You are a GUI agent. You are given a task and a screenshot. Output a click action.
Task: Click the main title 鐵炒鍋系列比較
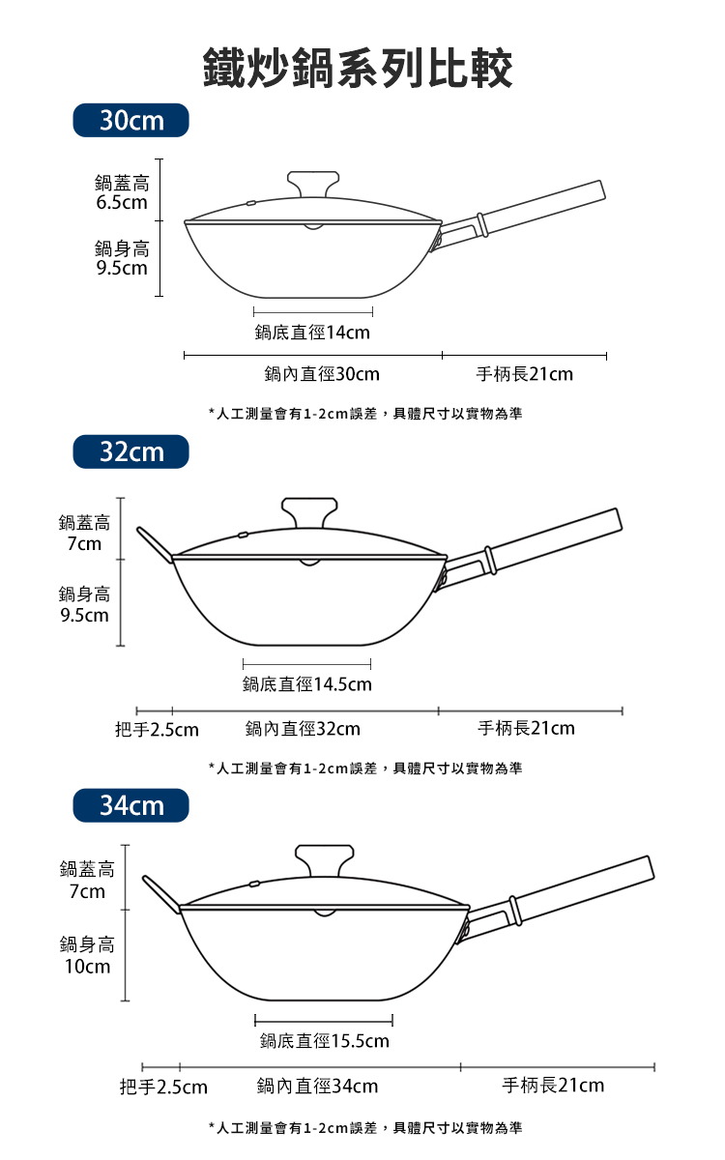[358, 68]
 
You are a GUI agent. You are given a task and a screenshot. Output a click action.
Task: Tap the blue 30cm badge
[131, 120]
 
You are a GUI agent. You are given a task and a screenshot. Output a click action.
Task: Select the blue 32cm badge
[131, 451]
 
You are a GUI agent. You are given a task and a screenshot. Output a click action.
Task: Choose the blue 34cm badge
[131, 805]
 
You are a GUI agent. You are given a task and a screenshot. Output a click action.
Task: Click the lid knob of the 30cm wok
[313, 184]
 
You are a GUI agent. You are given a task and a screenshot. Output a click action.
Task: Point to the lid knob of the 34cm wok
[325, 860]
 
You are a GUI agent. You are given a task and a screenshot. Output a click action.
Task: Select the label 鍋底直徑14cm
[312, 333]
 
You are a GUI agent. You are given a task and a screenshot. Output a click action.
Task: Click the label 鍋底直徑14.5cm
[307, 684]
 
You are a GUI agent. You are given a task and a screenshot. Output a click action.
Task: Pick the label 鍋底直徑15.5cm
[325, 1040]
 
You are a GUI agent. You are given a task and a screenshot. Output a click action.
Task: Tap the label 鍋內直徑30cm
[322, 374]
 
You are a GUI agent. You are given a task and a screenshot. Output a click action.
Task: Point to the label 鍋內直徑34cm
[317, 1086]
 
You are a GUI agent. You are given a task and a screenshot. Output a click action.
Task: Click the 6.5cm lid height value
[122, 202]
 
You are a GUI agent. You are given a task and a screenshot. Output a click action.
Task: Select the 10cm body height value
[88, 967]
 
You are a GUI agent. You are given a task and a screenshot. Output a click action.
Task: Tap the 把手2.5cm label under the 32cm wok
[157, 730]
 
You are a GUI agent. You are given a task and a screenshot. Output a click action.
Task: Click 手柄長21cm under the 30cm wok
[525, 374]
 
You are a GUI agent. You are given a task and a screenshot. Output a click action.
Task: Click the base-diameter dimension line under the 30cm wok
[313, 311]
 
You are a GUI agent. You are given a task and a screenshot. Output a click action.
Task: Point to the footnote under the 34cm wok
[365, 1127]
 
